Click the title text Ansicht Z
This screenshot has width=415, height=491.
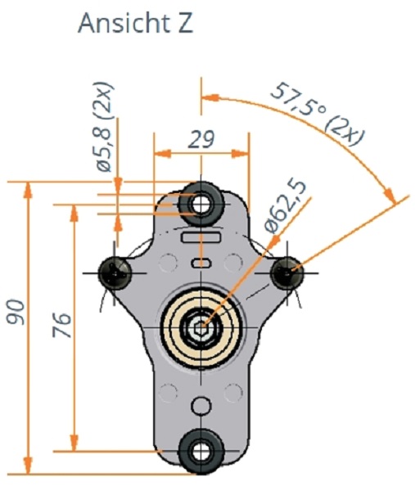click(x=135, y=23)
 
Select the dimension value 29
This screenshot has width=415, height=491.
click(x=201, y=138)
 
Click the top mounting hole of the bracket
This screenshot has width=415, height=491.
click(x=201, y=199)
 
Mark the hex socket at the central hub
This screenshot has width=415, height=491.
click(x=201, y=327)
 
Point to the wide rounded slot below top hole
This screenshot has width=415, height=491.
click(x=201, y=238)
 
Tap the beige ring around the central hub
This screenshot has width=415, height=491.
click(x=182, y=327)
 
